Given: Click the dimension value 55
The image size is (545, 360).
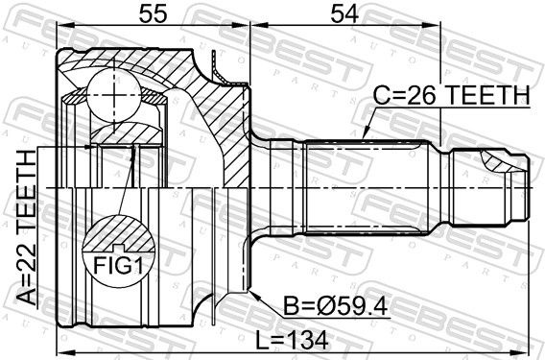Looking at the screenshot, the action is click(x=154, y=14).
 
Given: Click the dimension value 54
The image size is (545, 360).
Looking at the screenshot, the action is click(x=344, y=14).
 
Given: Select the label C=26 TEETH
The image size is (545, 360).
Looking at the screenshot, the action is click(x=452, y=95).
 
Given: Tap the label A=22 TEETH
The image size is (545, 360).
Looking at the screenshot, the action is click(x=27, y=228).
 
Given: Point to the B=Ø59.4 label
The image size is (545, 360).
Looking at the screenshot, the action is click(x=336, y=306).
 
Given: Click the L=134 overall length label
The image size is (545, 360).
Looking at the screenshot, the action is click(x=292, y=340).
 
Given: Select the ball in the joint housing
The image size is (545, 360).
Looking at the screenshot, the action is click(x=114, y=95).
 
